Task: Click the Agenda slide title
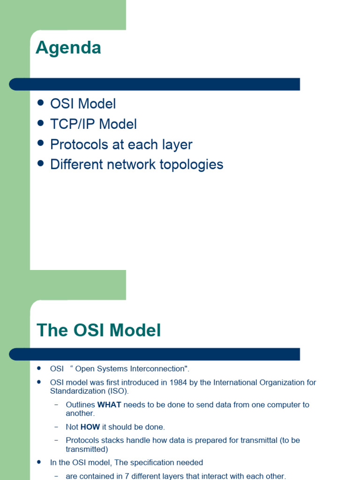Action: click(x=68, y=48)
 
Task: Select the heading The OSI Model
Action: click(x=99, y=330)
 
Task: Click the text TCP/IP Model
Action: click(x=93, y=124)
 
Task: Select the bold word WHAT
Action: click(x=109, y=405)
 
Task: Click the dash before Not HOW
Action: click(x=56, y=427)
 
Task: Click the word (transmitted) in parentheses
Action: click(x=87, y=449)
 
